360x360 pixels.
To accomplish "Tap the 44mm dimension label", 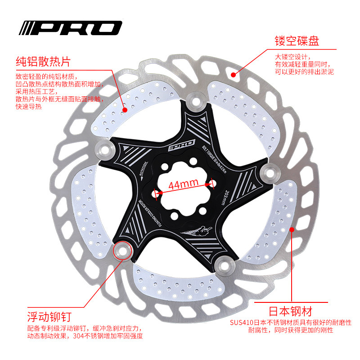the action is point(184,183).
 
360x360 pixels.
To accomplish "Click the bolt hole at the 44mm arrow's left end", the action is point(156,193).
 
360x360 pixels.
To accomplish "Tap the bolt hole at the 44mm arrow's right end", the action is point(211,182).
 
